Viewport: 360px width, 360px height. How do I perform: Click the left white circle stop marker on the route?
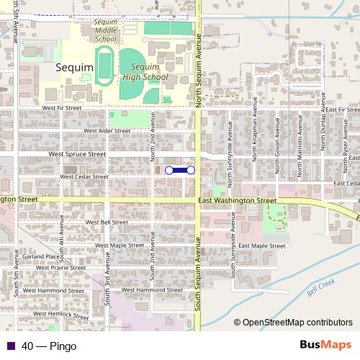pos(168,170)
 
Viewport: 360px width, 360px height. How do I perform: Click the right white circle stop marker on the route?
pos(191,170)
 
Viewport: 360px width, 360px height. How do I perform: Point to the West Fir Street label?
pos(63,108)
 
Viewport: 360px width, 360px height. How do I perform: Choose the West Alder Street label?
pos(107,131)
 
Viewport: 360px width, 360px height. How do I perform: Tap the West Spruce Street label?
pos(77,154)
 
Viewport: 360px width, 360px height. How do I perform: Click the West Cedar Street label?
pos(85,176)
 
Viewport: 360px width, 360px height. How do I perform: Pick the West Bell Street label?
pos(107,222)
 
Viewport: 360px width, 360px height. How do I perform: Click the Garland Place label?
pos(40,256)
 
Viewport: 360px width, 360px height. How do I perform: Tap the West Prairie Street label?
pos(64,268)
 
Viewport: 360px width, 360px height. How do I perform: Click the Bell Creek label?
pos(315,287)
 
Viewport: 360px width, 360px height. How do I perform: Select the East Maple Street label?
pos(262,246)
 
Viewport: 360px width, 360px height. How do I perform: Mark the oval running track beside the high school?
pos(106,66)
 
